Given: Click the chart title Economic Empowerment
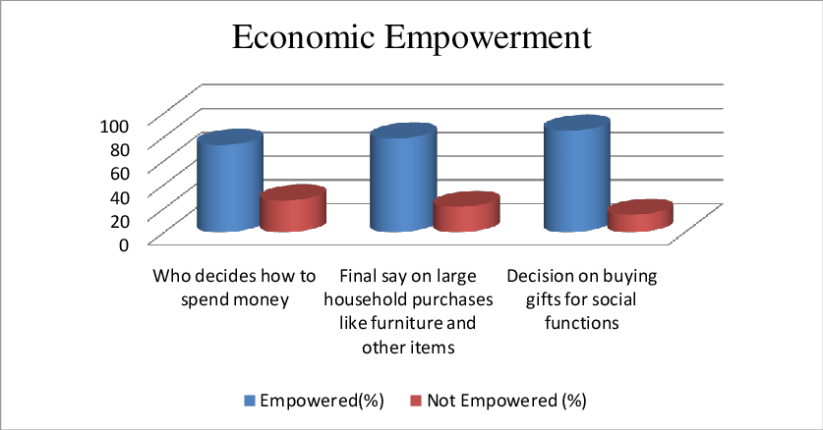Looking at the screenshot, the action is pos(412,37).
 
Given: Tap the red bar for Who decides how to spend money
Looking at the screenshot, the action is pos(293,208).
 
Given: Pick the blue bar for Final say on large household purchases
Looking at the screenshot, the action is pos(403,178).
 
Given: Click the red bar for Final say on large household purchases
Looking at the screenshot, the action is pos(467,212).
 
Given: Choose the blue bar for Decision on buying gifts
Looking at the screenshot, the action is pos(577,174).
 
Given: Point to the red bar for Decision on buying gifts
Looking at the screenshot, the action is pos(640,215).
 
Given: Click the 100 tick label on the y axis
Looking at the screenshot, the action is pos(114,126).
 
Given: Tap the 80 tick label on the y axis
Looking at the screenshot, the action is pos(119,149).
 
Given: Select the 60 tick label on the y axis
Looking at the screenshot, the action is pos(119,173).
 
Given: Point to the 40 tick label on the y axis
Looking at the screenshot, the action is pos(119,197).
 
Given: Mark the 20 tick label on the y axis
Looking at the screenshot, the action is pos(119,221).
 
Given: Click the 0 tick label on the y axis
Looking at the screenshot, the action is pos(124,244).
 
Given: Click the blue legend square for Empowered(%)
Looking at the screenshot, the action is pos(250,402).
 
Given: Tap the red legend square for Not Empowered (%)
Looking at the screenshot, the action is pos(416,402).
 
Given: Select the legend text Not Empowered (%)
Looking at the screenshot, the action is pos(506,401).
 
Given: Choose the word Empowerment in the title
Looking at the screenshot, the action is pos(489,38).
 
